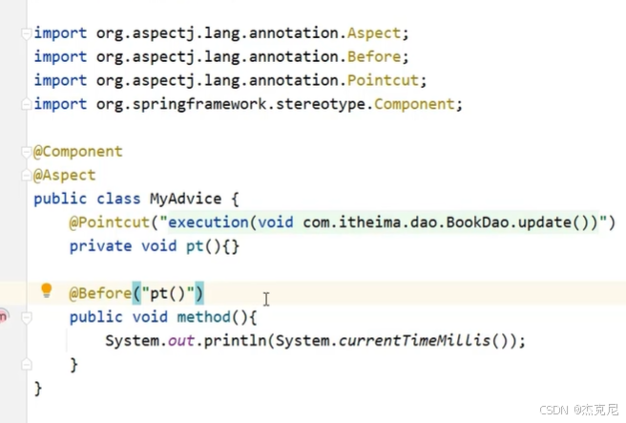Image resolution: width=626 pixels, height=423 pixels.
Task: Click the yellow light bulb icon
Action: pyautogui.click(x=46, y=291)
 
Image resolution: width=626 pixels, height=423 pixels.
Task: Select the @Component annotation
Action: pyautogui.click(x=78, y=152)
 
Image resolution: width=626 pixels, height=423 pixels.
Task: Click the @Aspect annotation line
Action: pyautogui.click(x=65, y=176)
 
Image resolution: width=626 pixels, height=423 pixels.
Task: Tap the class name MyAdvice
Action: pyautogui.click(x=185, y=199)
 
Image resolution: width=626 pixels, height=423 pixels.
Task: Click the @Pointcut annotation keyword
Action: pyautogui.click(x=108, y=222)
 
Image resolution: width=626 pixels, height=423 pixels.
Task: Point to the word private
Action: pyautogui.click(x=100, y=246)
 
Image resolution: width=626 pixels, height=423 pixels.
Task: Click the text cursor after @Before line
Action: pyautogui.click(x=266, y=299)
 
